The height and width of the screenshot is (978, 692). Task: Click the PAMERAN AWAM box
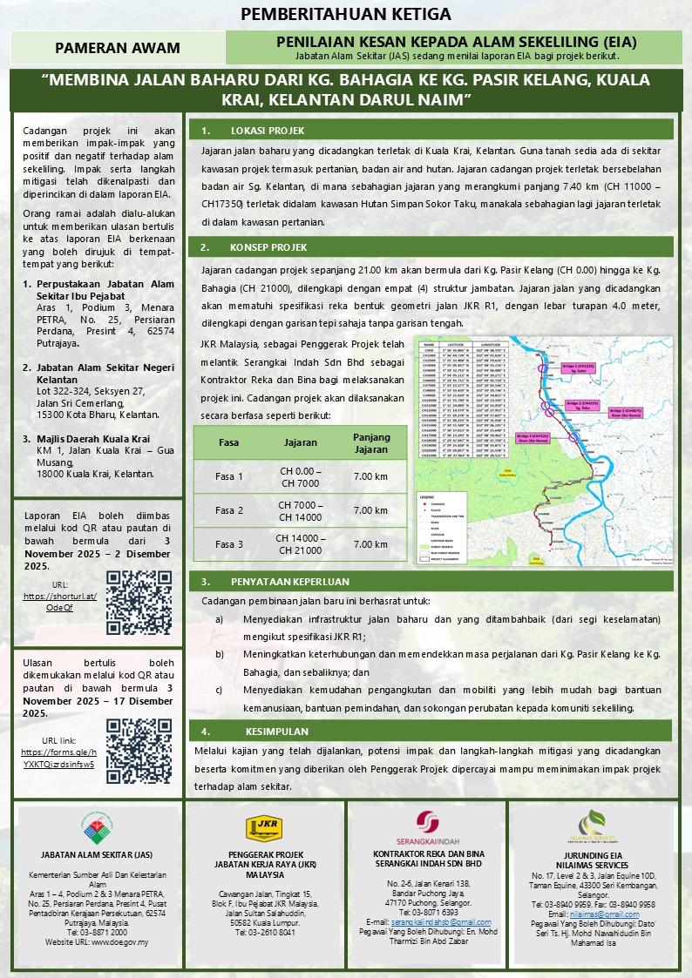[118, 48]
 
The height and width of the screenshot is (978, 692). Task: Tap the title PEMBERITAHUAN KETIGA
[346, 14]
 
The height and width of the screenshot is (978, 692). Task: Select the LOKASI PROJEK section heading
[267, 131]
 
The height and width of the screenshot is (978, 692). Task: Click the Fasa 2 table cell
[229, 510]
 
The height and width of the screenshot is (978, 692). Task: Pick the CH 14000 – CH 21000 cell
[301, 544]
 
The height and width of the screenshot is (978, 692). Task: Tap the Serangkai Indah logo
[428, 822]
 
